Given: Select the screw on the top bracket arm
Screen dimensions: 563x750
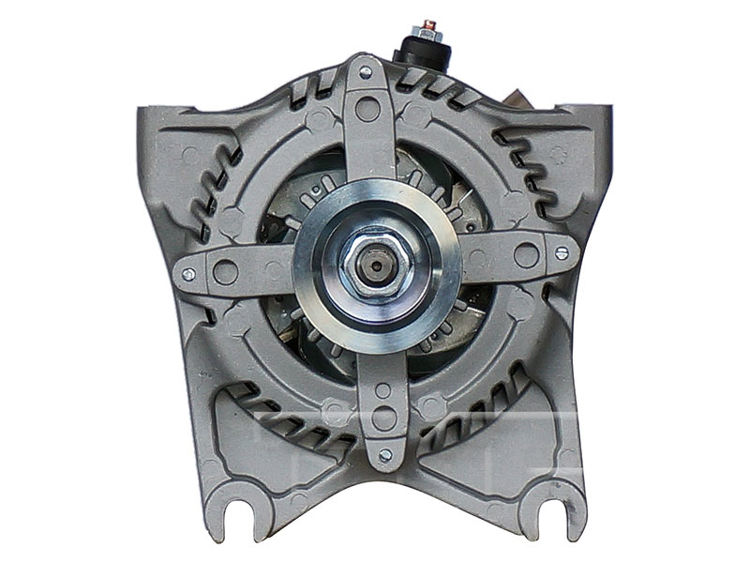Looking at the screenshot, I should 366,71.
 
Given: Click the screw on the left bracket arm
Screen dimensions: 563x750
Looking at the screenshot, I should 188,274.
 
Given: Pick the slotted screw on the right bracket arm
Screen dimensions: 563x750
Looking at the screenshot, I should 562,251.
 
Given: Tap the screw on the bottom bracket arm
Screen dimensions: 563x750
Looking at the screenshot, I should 384,455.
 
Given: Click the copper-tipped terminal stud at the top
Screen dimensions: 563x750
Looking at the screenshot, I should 427,25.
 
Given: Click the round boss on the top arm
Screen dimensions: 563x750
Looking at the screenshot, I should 368,109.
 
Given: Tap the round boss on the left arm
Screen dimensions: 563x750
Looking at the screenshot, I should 226,272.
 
